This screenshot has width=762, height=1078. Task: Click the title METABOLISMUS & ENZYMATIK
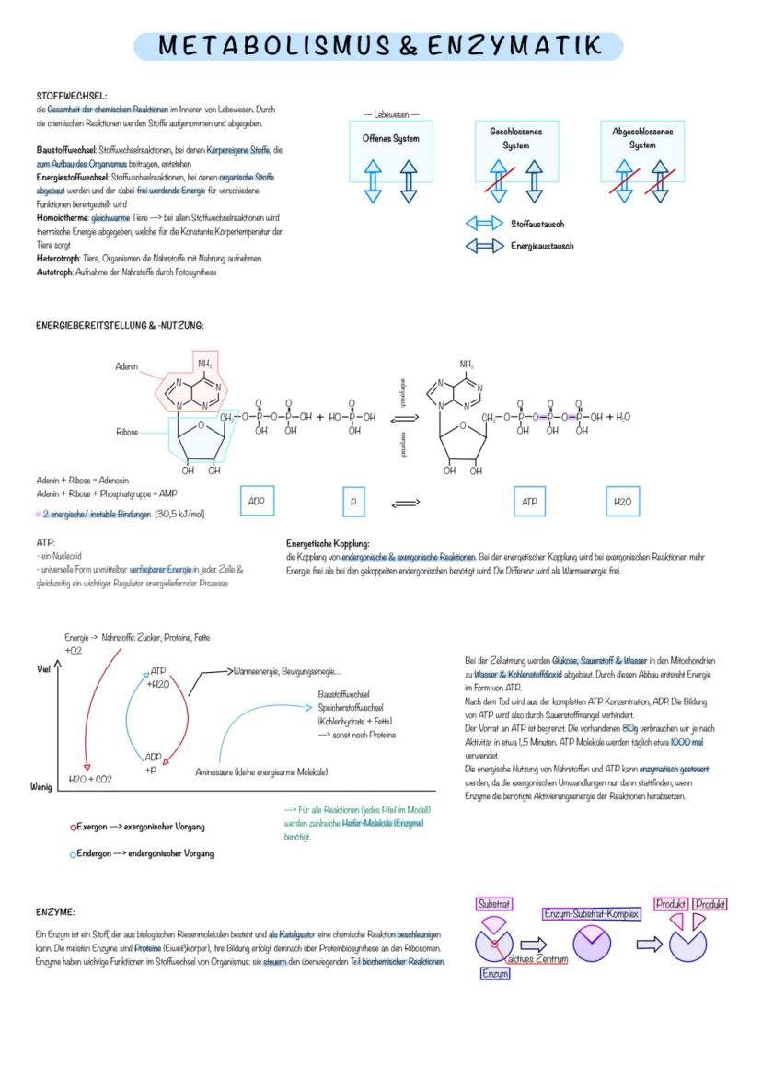click(x=378, y=46)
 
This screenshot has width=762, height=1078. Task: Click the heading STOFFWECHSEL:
click(x=71, y=96)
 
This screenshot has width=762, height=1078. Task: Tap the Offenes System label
click(x=391, y=138)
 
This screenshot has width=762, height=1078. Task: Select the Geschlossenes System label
click(x=515, y=138)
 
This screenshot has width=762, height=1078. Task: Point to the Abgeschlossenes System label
click(x=642, y=138)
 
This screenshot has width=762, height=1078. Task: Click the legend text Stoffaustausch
click(x=537, y=224)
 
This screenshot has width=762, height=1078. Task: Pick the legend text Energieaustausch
click(x=542, y=246)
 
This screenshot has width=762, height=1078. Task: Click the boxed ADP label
click(x=257, y=502)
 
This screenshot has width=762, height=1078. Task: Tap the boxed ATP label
click(x=529, y=502)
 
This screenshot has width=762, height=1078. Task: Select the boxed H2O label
click(x=622, y=502)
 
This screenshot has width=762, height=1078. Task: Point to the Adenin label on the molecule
click(x=127, y=366)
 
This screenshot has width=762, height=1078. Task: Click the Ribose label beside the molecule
click(x=128, y=431)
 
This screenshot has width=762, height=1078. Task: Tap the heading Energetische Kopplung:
click(x=328, y=544)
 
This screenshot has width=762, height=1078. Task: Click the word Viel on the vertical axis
click(x=43, y=668)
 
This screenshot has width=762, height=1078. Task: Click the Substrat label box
click(x=494, y=904)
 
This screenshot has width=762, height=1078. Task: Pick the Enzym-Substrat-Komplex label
click(x=591, y=913)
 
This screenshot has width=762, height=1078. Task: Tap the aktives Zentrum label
click(x=537, y=958)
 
